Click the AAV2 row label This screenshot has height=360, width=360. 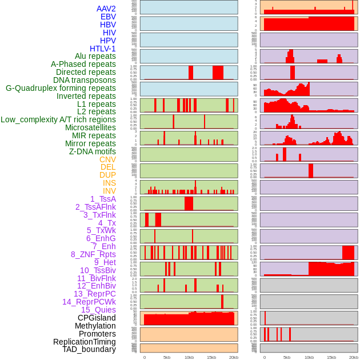[x=106, y=9]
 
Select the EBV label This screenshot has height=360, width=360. [x=108, y=17]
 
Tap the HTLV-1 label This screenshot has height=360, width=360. [x=103, y=49]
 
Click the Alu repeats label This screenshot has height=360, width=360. [x=95, y=56]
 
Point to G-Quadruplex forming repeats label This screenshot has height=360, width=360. [x=61, y=88]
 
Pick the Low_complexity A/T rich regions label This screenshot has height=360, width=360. [x=58, y=119]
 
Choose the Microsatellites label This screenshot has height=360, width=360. [x=90, y=127]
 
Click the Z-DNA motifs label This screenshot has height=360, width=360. [x=93, y=151]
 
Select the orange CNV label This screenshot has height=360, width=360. [x=107, y=159]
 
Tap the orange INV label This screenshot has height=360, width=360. [x=109, y=191]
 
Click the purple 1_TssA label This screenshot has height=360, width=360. [x=103, y=199]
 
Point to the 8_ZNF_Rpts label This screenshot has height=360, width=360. [x=93, y=254]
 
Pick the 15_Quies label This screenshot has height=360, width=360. [x=98, y=310]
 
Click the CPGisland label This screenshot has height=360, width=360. [x=97, y=318]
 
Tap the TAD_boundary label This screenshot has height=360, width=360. [x=89, y=349]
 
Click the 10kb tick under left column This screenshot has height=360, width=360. [x=189, y=357]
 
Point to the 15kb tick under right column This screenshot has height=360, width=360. [x=331, y=357]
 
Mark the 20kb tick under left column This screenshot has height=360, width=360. [x=234, y=357]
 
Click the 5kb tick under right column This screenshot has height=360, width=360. [x=287, y=357]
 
